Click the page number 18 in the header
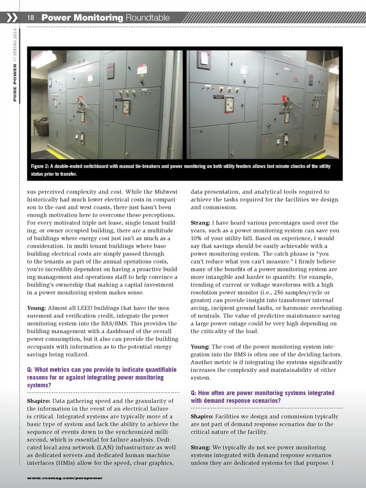point(30,18)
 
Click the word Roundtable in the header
point(148,18)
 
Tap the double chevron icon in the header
point(12,18)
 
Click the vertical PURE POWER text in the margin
point(15,82)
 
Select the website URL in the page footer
point(64,478)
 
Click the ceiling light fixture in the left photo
point(81,61)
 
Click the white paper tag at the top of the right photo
point(204,58)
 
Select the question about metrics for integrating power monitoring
point(101,377)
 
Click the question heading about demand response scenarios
point(262,396)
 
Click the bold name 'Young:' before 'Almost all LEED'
point(36,308)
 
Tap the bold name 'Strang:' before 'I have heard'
point(200,223)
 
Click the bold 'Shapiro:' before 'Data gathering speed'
point(39,401)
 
